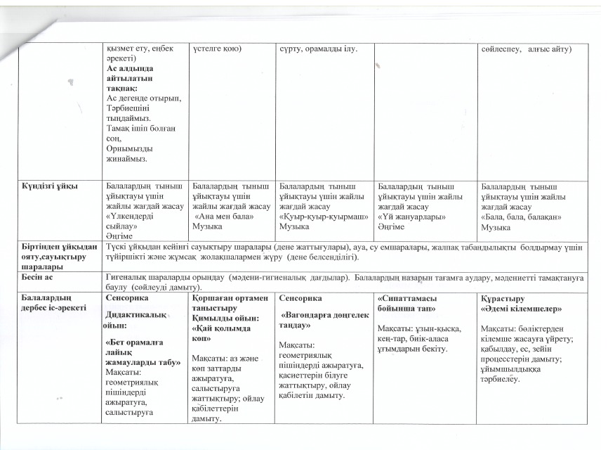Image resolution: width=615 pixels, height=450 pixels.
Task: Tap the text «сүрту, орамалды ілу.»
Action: pos(318,49)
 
